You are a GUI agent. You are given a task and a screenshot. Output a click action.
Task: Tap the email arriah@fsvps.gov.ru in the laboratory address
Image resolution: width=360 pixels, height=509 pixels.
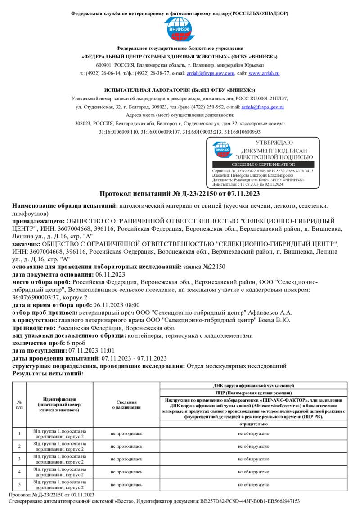point(262,107)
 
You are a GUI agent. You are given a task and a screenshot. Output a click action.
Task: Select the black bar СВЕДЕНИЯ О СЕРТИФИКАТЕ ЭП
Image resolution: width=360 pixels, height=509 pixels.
point(263,165)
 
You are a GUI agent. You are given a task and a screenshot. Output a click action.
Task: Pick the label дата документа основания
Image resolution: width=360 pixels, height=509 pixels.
point(53,274)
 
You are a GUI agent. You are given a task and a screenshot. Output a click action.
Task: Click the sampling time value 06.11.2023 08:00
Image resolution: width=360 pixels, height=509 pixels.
point(117,305)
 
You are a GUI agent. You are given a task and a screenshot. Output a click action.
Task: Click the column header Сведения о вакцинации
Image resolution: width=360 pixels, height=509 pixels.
point(126,404)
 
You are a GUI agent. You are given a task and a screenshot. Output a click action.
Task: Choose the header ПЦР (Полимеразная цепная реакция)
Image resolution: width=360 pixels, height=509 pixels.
point(254,393)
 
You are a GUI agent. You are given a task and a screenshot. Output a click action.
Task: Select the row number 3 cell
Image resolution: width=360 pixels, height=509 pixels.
point(19,459)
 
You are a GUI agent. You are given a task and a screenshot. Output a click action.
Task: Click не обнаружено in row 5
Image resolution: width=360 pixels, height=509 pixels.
point(254,484)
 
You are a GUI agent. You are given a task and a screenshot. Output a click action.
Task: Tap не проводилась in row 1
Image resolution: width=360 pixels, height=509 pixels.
point(126,433)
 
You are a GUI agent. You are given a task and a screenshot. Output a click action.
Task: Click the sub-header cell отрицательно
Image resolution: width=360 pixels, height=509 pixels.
point(254,424)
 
